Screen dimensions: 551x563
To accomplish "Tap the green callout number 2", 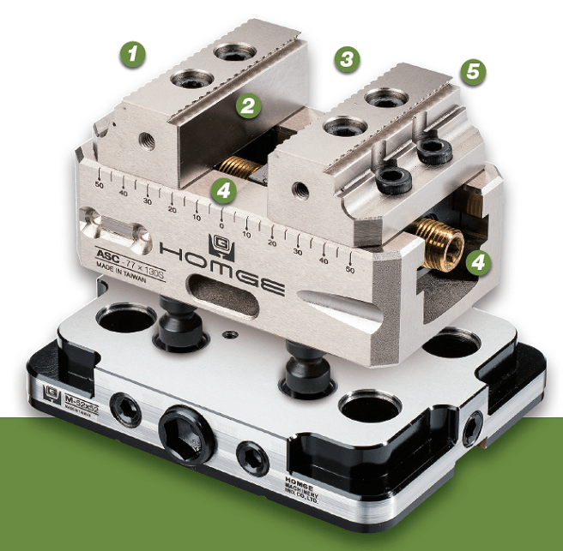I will (x=248, y=105).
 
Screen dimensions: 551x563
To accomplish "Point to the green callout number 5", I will (x=471, y=72).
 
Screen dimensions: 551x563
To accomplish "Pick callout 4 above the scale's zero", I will (x=223, y=190).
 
